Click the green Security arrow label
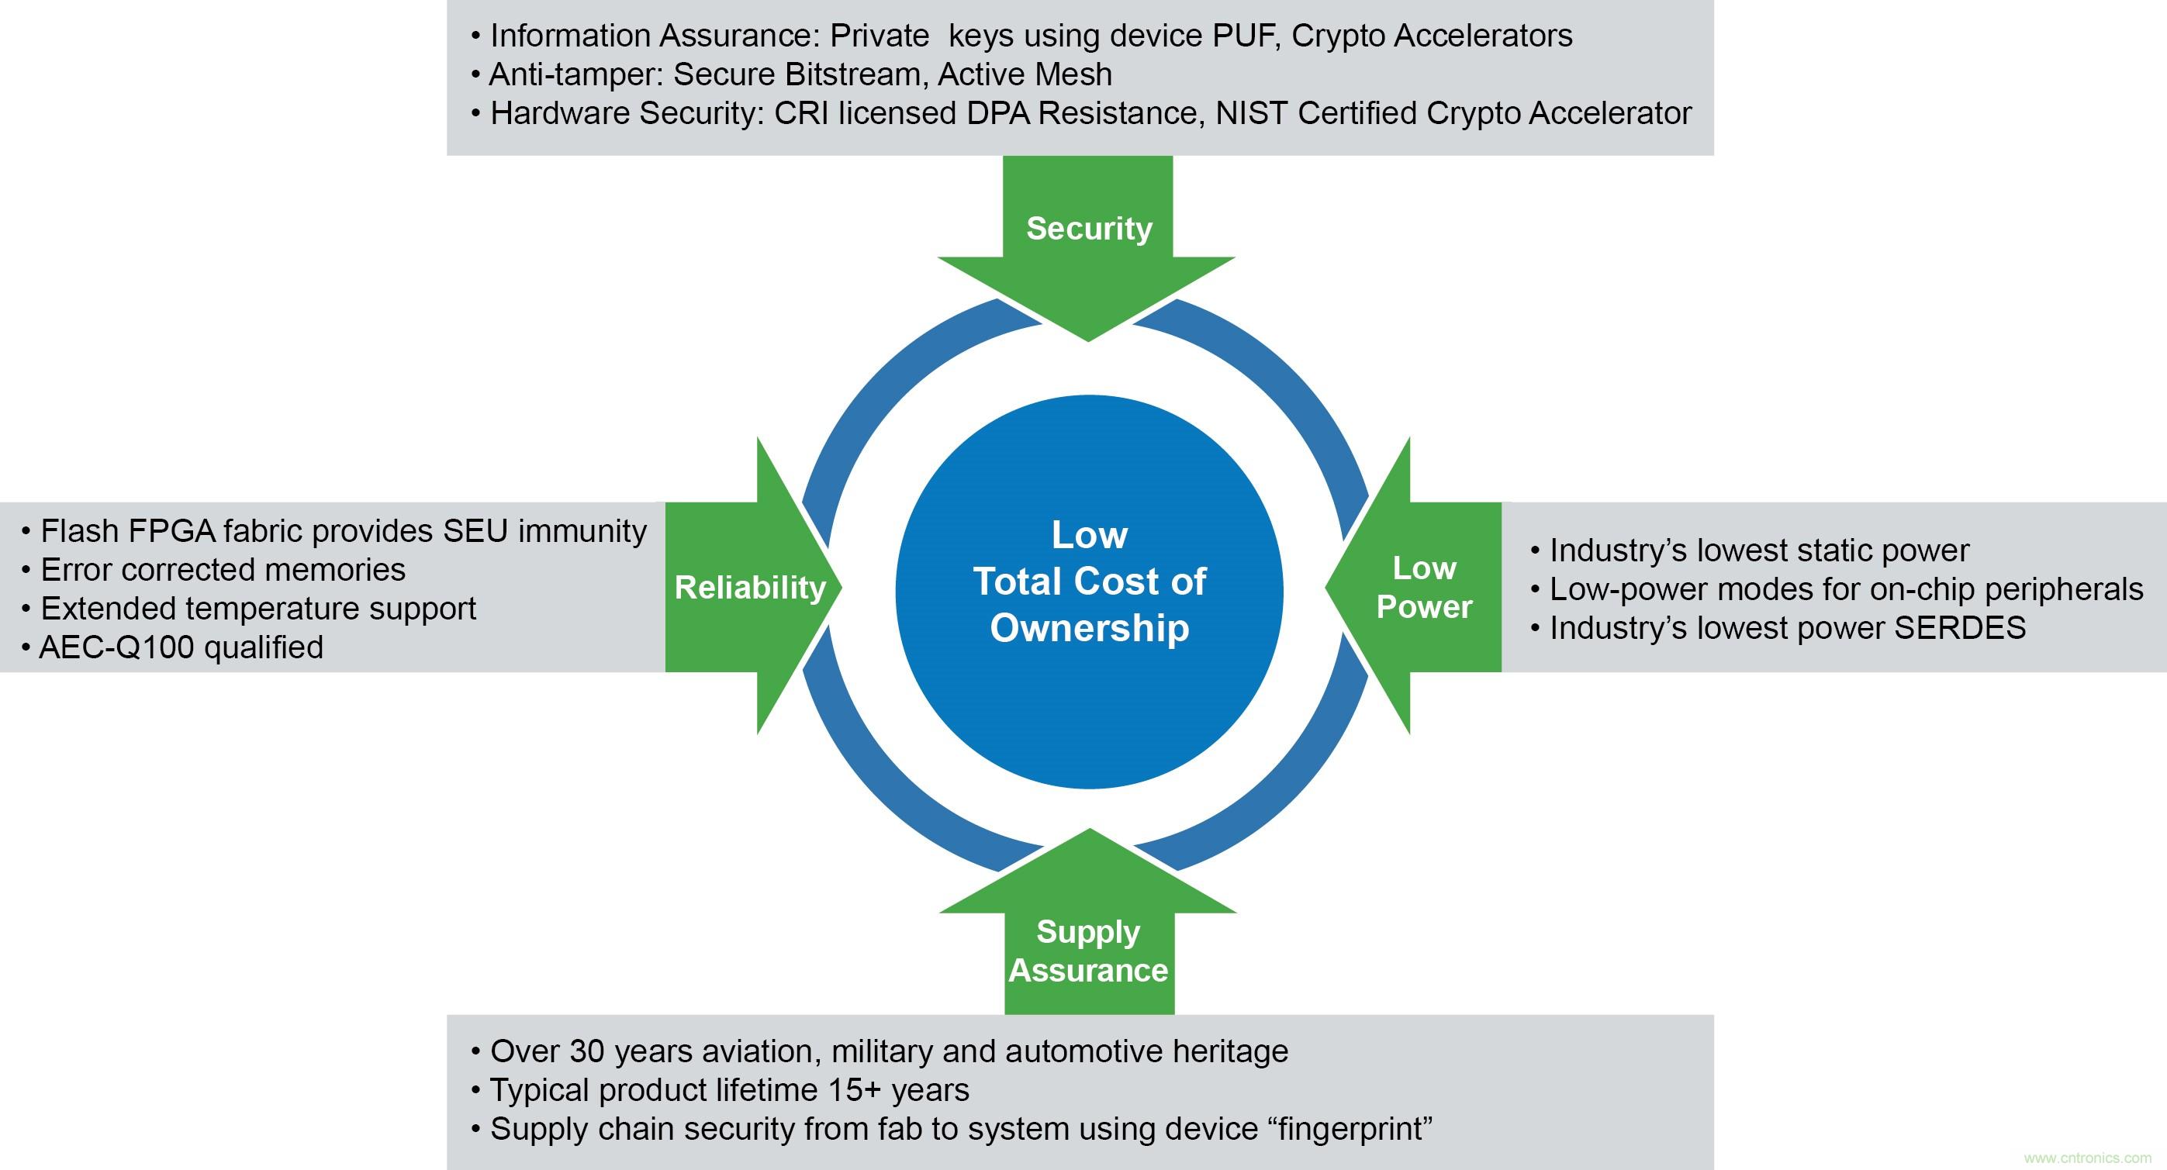tap(1089, 229)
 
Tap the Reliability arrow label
tap(749, 587)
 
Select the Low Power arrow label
tap(1424, 587)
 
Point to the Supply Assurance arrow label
tap(1089, 951)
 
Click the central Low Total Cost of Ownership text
tap(1090, 582)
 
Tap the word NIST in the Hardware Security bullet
tap(1253, 113)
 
